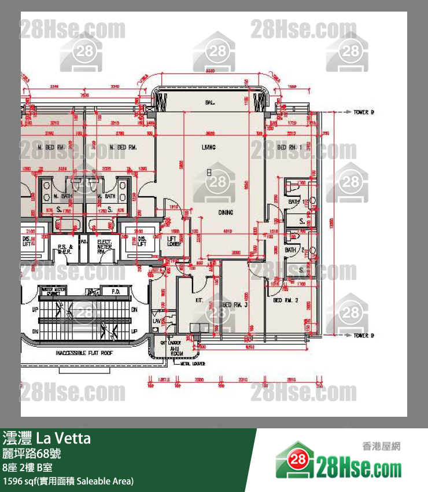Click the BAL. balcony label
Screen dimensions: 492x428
click(x=209, y=102)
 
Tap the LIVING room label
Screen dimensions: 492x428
click(x=209, y=148)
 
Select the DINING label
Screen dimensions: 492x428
click(x=226, y=212)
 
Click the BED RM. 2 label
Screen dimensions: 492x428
click(x=285, y=300)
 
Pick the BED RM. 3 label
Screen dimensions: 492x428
click(x=235, y=304)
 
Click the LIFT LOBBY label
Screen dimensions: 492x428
click(x=174, y=241)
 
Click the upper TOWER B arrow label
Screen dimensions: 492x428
click(x=363, y=112)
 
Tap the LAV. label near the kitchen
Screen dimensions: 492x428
click(x=156, y=320)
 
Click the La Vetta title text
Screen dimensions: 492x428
click(x=64, y=438)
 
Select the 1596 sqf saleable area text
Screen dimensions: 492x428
click(x=68, y=481)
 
